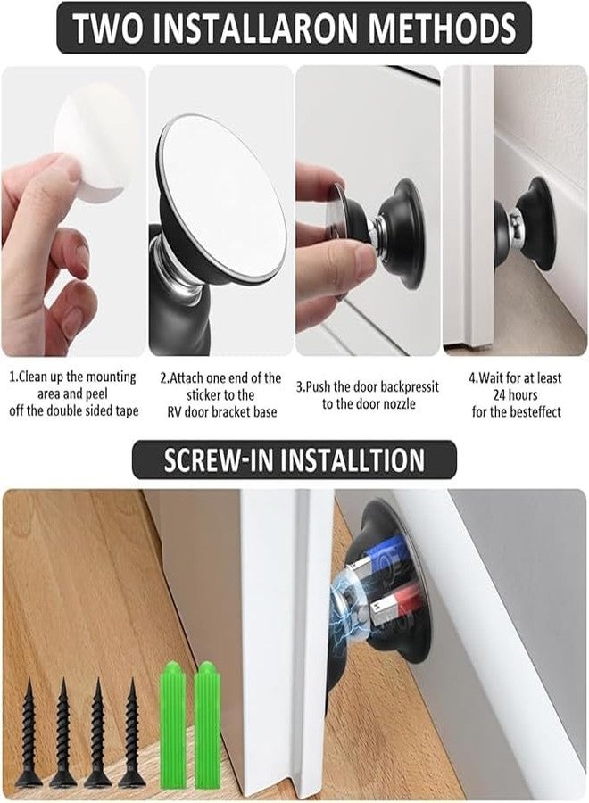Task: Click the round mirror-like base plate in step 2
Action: point(222,192)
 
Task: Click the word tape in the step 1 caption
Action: point(120,411)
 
